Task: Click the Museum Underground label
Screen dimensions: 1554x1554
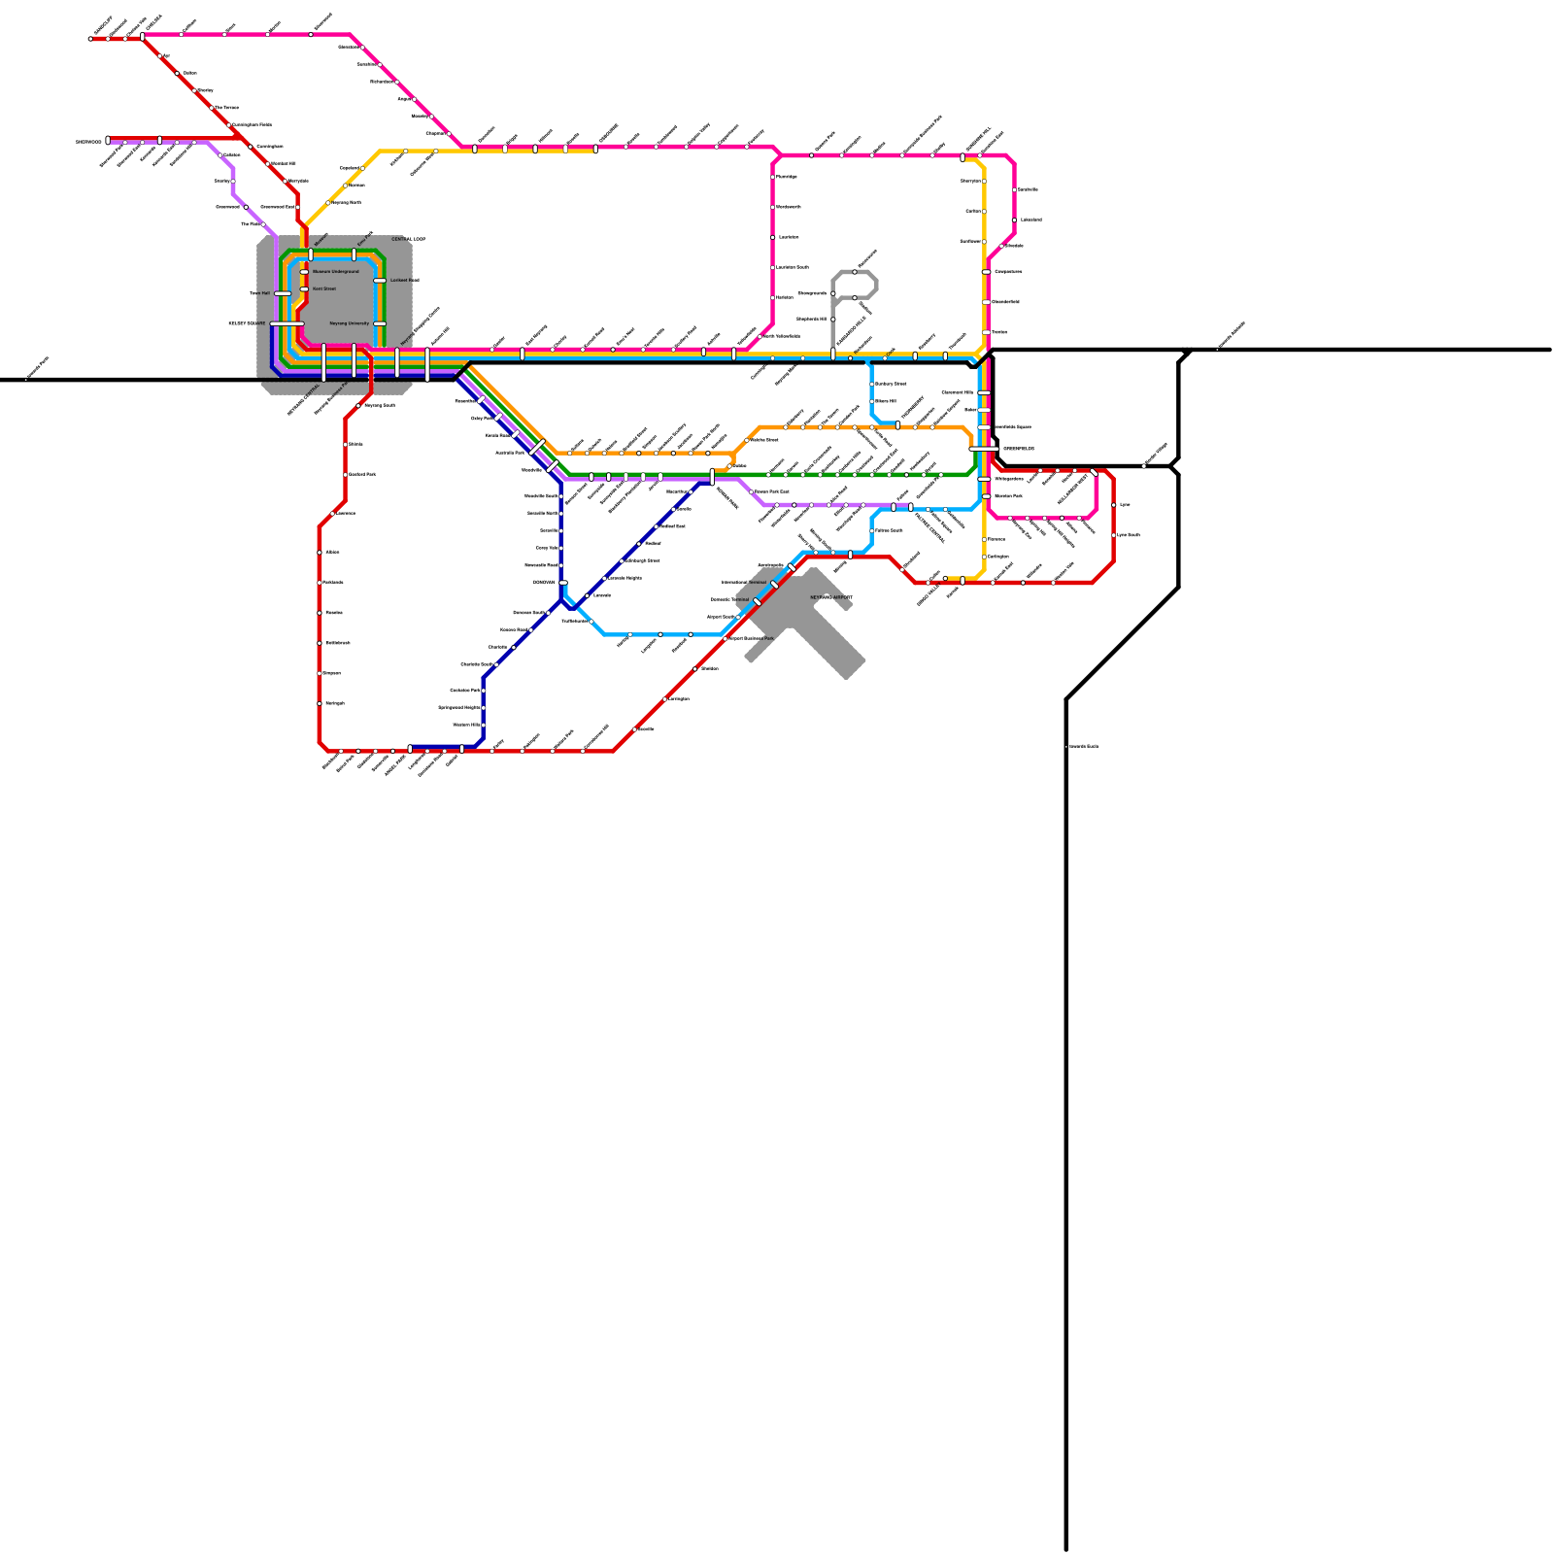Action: pos(335,272)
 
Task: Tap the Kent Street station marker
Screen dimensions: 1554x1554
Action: pos(304,289)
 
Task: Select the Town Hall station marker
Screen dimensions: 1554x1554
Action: pos(282,293)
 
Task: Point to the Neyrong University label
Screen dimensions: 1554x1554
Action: pos(350,323)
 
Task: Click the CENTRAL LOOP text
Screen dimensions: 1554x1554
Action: pos(408,239)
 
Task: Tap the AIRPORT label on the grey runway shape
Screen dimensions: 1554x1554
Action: pos(831,597)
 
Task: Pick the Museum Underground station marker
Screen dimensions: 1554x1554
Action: pos(304,272)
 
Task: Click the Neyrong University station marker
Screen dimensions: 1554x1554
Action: pos(380,323)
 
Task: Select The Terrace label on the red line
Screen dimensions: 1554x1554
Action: pos(226,108)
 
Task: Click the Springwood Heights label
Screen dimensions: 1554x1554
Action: pos(458,708)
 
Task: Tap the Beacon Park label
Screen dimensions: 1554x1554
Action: pos(1008,496)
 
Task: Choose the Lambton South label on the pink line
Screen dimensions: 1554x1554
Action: pos(793,267)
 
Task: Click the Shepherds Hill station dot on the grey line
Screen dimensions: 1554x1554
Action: pos(833,319)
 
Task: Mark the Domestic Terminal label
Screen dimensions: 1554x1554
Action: pos(729,600)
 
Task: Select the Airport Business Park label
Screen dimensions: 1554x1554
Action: pos(752,638)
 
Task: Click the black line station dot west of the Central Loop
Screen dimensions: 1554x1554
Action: pos(26,380)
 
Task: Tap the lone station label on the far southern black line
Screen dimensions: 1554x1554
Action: pos(1083,746)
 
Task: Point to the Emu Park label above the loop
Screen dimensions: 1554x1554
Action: pos(365,236)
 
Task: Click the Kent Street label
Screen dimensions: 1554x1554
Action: pos(324,289)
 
